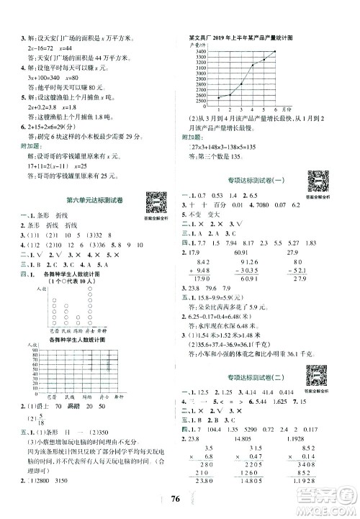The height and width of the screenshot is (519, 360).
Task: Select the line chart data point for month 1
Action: (218, 98)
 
